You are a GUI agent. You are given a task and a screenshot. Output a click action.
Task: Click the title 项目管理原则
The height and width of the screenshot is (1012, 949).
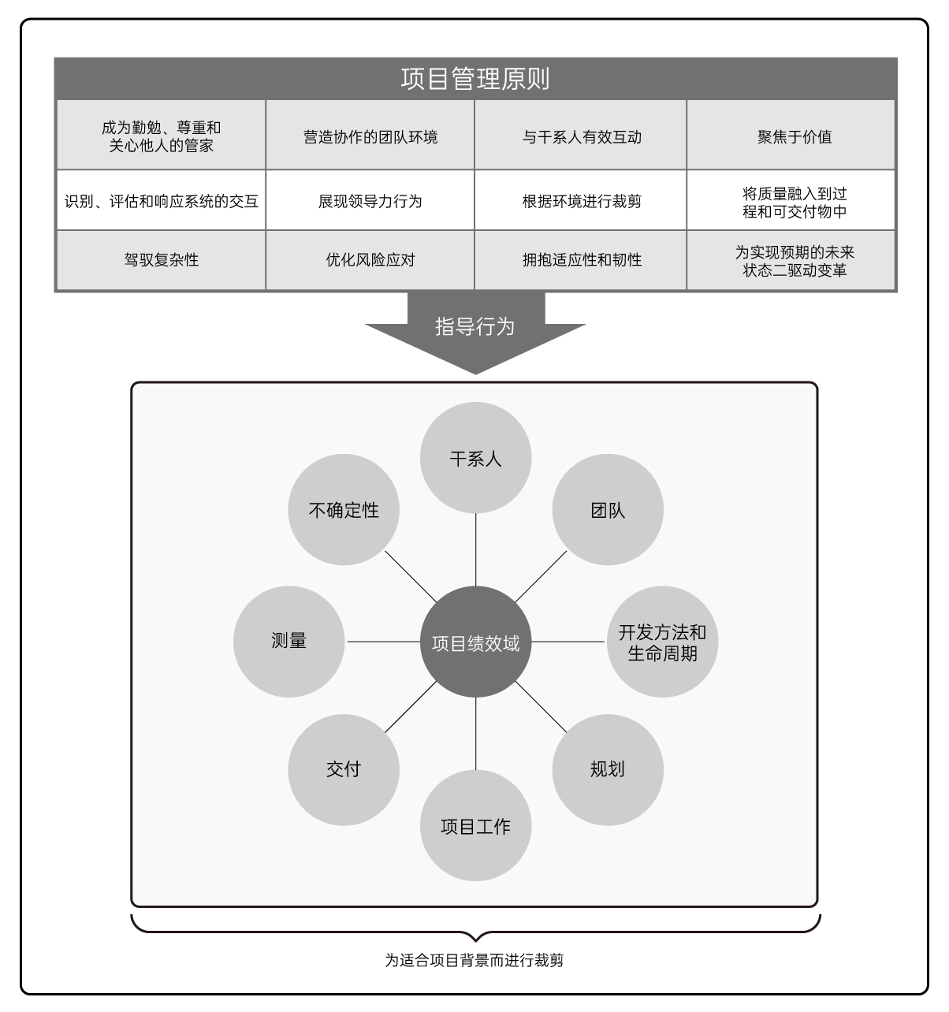tap(475, 79)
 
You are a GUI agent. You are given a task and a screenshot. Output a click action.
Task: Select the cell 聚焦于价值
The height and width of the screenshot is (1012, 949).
tap(791, 135)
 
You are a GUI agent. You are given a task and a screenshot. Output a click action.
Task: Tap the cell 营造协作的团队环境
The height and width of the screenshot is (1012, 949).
tap(370, 135)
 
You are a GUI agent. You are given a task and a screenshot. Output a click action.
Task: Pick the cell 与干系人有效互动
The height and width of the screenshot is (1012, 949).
tap(580, 135)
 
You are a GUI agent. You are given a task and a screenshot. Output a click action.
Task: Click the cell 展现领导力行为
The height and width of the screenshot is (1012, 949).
tap(370, 200)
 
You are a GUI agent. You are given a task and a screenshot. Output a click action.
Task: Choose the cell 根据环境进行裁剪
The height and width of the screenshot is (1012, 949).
tap(580, 200)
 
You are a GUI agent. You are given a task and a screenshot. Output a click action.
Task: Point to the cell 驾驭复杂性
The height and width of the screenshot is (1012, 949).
tap(161, 260)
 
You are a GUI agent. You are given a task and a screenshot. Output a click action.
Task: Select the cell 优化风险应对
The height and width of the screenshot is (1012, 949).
tap(370, 260)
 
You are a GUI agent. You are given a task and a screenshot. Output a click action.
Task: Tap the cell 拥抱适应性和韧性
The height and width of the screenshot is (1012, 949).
tap(580, 260)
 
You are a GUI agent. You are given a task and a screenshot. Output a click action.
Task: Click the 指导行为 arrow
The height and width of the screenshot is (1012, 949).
tap(475, 331)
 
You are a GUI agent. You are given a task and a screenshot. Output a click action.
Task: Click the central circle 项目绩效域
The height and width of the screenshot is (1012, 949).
tap(475, 642)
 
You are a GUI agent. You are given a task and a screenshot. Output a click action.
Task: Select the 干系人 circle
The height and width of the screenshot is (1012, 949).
tap(475, 458)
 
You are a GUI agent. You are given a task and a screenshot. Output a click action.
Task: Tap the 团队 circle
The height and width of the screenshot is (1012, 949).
tap(608, 510)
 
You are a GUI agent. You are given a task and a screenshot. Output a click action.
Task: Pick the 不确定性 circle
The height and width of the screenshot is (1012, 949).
tap(344, 510)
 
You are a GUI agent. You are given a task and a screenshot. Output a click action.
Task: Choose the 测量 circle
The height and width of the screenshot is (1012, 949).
tap(289, 642)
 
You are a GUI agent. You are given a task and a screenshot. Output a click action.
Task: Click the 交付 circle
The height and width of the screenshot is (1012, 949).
tap(344, 770)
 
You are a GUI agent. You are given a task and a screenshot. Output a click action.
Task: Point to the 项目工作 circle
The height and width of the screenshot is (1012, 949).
tap(475, 825)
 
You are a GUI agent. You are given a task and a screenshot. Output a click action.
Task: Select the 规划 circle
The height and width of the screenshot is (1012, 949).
tap(608, 770)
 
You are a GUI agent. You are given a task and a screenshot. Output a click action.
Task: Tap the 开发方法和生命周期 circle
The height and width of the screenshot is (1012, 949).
tap(663, 642)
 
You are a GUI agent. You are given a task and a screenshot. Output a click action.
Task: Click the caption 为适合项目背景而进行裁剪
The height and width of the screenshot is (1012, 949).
tap(474, 961)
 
